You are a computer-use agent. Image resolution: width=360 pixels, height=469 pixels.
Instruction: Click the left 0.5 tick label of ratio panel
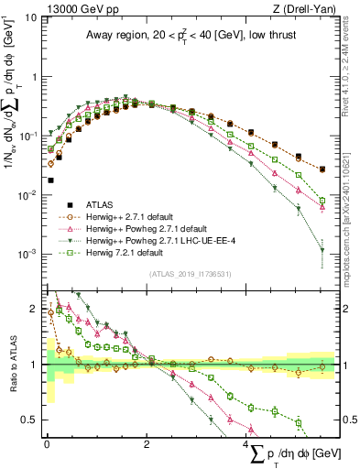(31, 420)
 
